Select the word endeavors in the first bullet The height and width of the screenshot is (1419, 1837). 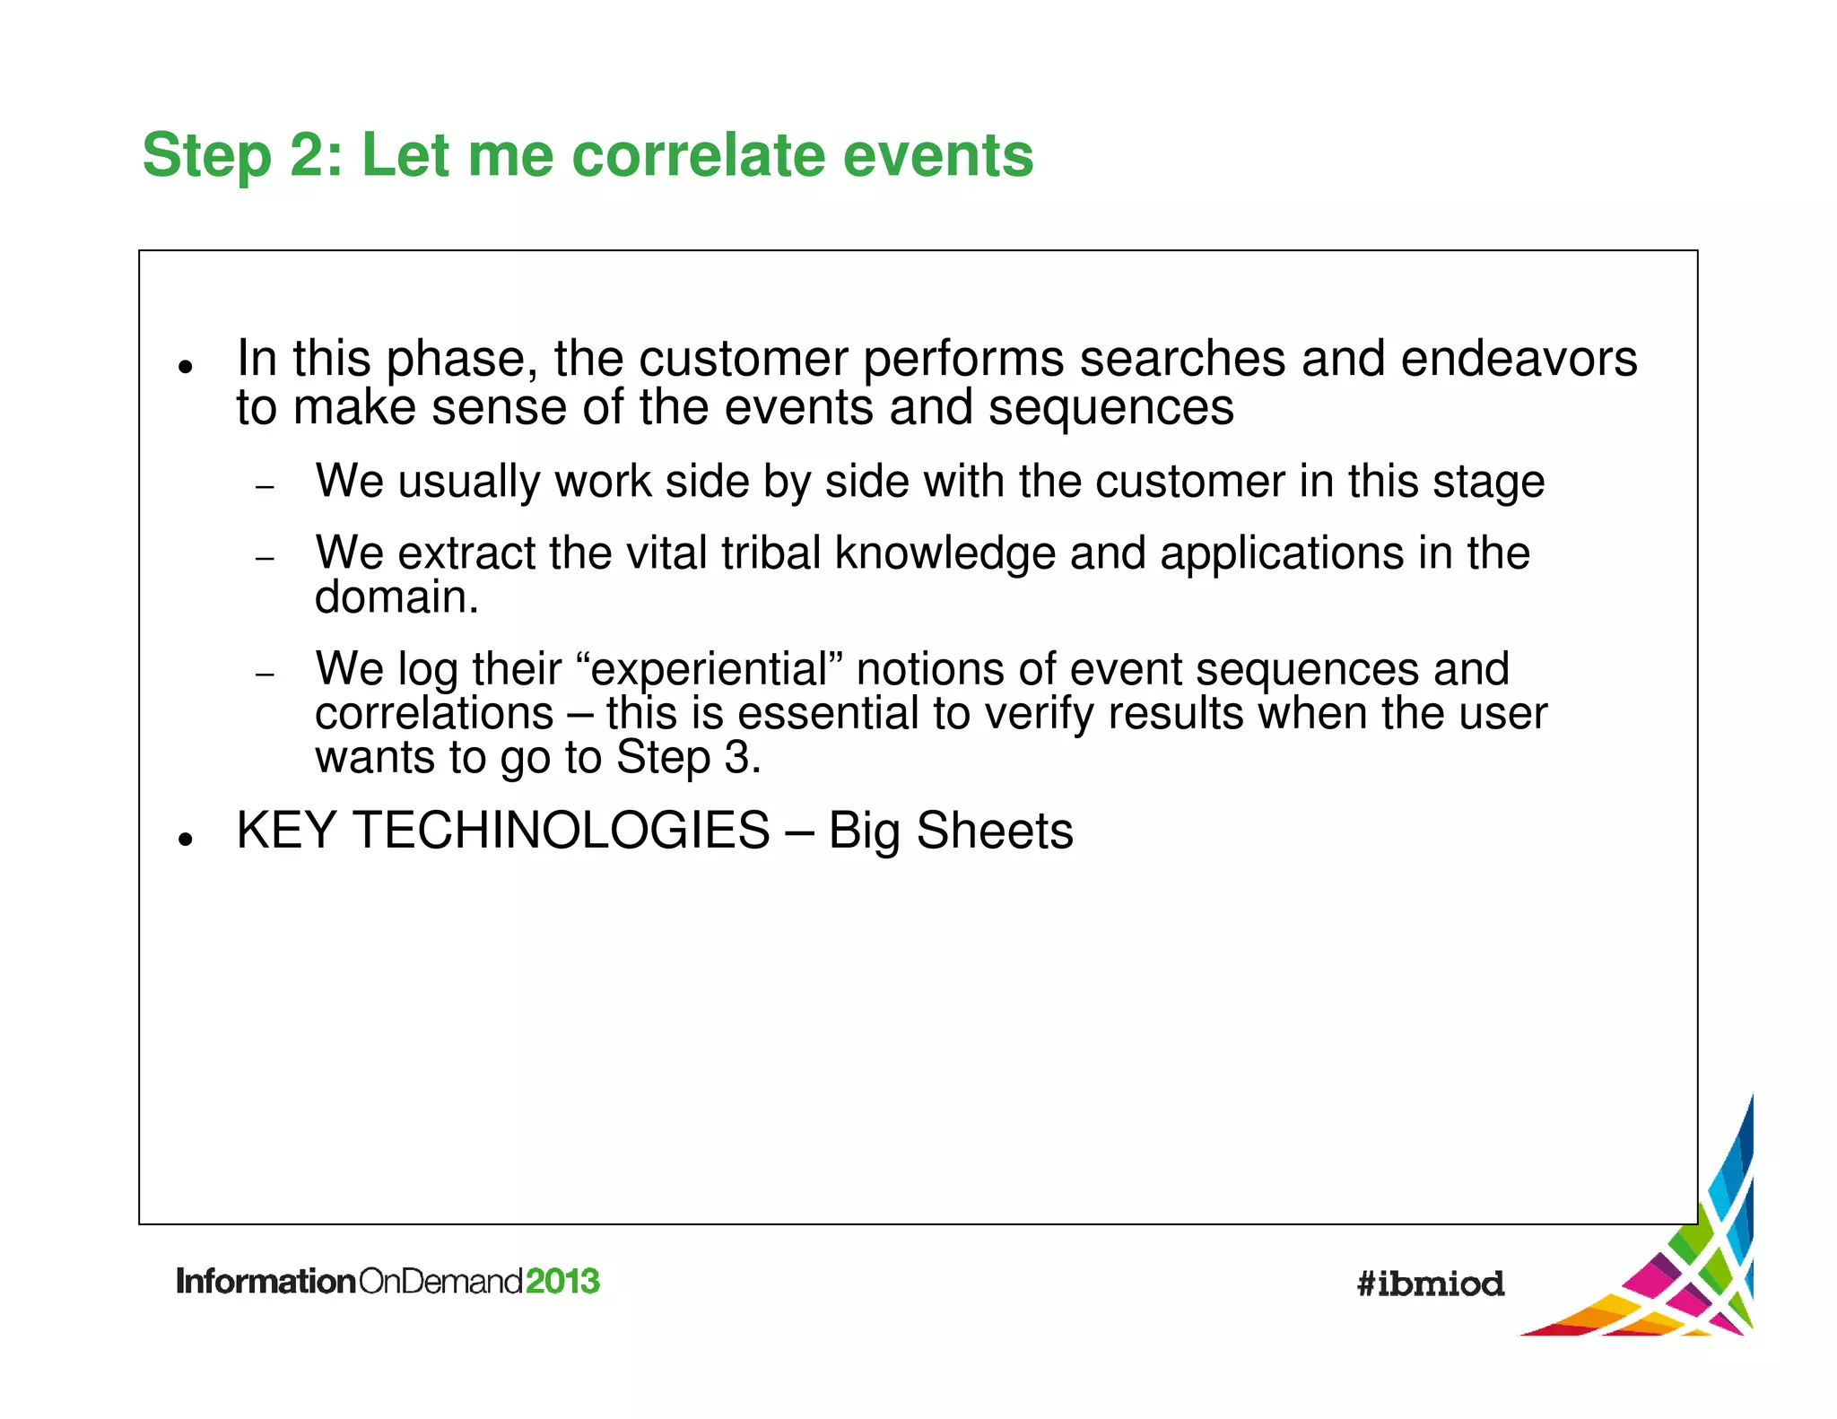click(x=1519, y=359)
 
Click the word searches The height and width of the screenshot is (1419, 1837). click(x=1182, y=359)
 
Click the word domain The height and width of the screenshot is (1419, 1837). click(x=396, y=597)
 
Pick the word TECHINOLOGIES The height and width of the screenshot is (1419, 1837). click(x=561, y=831)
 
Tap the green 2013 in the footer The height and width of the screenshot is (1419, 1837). click(x=562, y=1281)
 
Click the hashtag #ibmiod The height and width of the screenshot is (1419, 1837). click(x=1430, y=1284)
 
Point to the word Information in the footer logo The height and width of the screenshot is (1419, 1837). click(x=266, y=1281)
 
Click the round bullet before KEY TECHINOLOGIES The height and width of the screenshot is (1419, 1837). click(x=186, y=840)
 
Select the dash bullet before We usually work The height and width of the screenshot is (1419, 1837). click(x=264, y=487)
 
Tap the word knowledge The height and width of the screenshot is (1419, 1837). click(x=945, y=553)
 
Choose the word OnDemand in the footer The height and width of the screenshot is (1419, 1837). click(x=440, y=1281)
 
